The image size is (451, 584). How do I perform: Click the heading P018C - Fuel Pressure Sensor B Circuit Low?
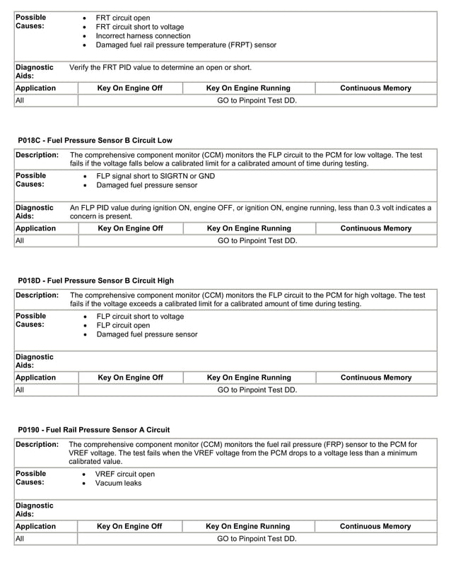(x=95, y=141)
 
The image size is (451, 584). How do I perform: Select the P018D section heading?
(x=95, y=281)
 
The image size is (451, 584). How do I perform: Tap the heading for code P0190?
(x=93, y=429)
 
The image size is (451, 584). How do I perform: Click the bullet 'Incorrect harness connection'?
(x=143, y=35)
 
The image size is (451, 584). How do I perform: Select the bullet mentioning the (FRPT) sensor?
(x=186, y=45)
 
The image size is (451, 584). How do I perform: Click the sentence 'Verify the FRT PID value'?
(x=160, y=68)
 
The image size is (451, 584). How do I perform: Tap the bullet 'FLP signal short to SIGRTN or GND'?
(x=156, y=176)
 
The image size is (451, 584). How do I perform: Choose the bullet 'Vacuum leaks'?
(x=118, y=483)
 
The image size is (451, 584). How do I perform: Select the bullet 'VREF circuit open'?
(x=125, y=474)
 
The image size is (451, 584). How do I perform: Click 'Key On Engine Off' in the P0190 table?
(x=129, y=526)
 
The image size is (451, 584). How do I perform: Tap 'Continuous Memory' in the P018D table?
(x=376, y=378)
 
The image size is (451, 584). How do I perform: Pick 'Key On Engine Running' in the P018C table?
(x=248, y=228)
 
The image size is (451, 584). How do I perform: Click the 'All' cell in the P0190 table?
(x=20, y=539)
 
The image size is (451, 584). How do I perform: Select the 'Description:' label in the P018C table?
(x=37, y=155)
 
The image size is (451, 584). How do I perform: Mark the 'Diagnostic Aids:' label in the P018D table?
(x=34, y=361)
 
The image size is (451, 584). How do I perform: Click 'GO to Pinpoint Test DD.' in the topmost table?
(x=257, y=100)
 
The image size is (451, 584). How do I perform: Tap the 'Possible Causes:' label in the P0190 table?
(x=31, y=478)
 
